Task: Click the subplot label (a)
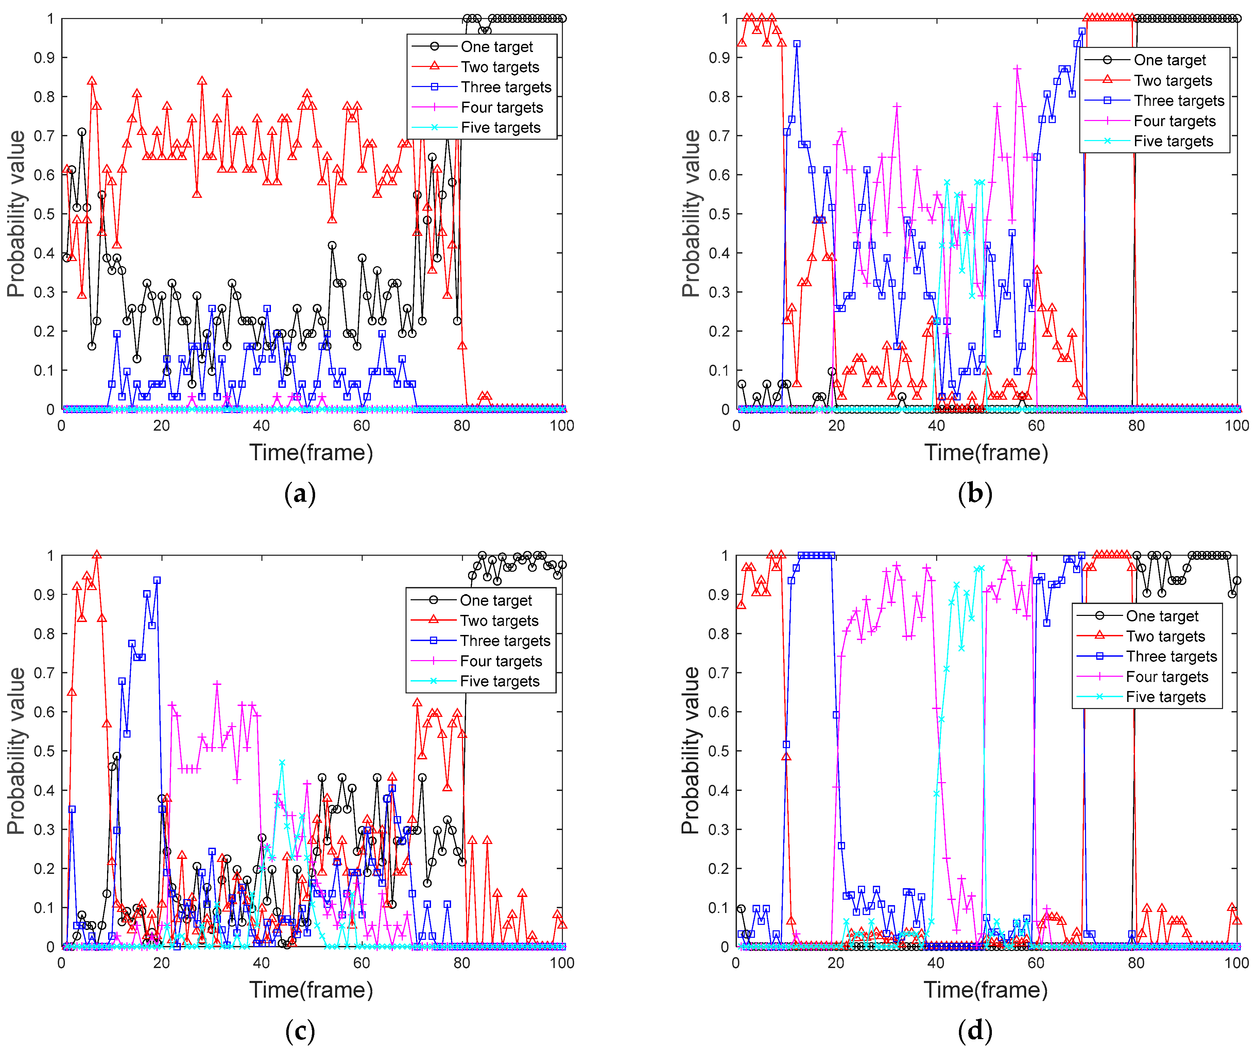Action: click(300, 494)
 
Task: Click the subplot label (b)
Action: click(975, 494)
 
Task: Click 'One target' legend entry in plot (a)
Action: click(496, 47)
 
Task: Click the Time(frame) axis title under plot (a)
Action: click(311, 453)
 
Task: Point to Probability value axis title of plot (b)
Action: click(691, 213)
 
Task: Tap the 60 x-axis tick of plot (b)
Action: click(1036, 426)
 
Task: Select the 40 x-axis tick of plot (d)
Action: click(936, 963)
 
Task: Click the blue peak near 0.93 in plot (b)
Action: click(797, 44)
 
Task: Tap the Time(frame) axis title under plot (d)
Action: click(986, 990)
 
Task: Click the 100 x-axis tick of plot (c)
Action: click(562, 963)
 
